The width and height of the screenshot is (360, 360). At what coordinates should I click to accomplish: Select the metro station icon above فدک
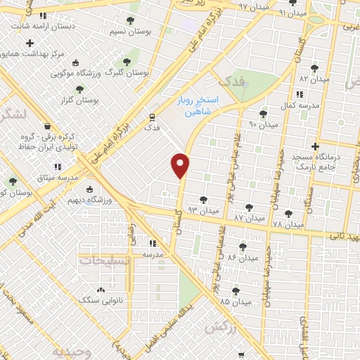(x=151, y=117)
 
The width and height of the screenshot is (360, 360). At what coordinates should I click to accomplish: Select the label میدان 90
(x=264, y=124)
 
